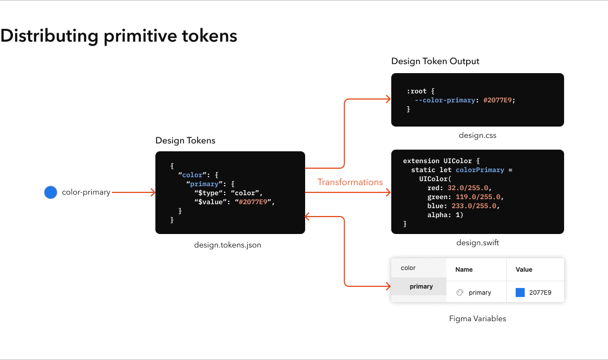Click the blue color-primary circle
[51, 192]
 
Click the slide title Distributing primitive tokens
[119, 36]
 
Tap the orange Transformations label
[350, 182]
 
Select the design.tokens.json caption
[227, 245]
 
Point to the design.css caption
[477, 136]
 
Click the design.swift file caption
[477, 243]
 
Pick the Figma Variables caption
[477, 318]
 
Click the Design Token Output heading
[435, 61]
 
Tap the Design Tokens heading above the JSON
[185, 141]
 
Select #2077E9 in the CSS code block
[499, 100]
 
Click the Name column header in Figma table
[464, 269]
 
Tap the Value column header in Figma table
[524, 269]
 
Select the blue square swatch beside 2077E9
[520, 292]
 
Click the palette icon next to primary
[459, 292]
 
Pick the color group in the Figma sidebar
[408, 268]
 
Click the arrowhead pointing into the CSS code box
[388, 100]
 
